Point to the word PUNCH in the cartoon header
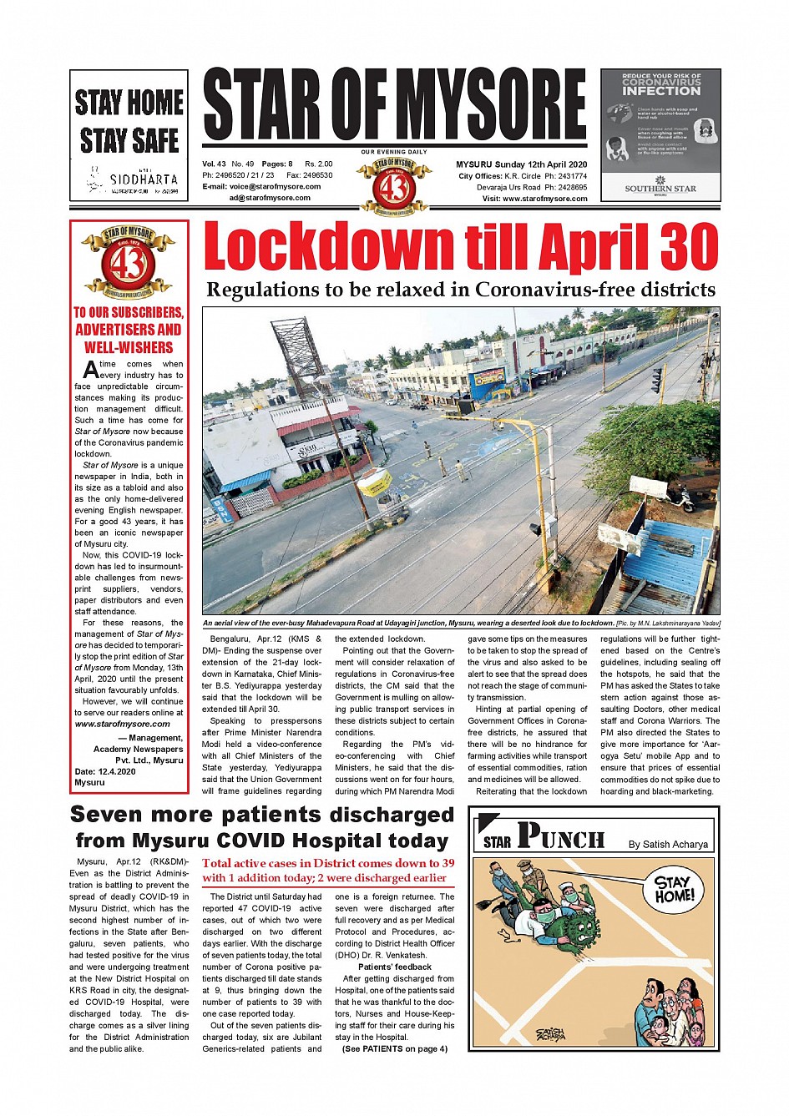(560, 836)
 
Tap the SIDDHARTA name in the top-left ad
(144, 179)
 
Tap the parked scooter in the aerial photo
(680, 498)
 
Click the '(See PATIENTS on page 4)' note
(394, 1049)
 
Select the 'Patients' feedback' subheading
(395, 967)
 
